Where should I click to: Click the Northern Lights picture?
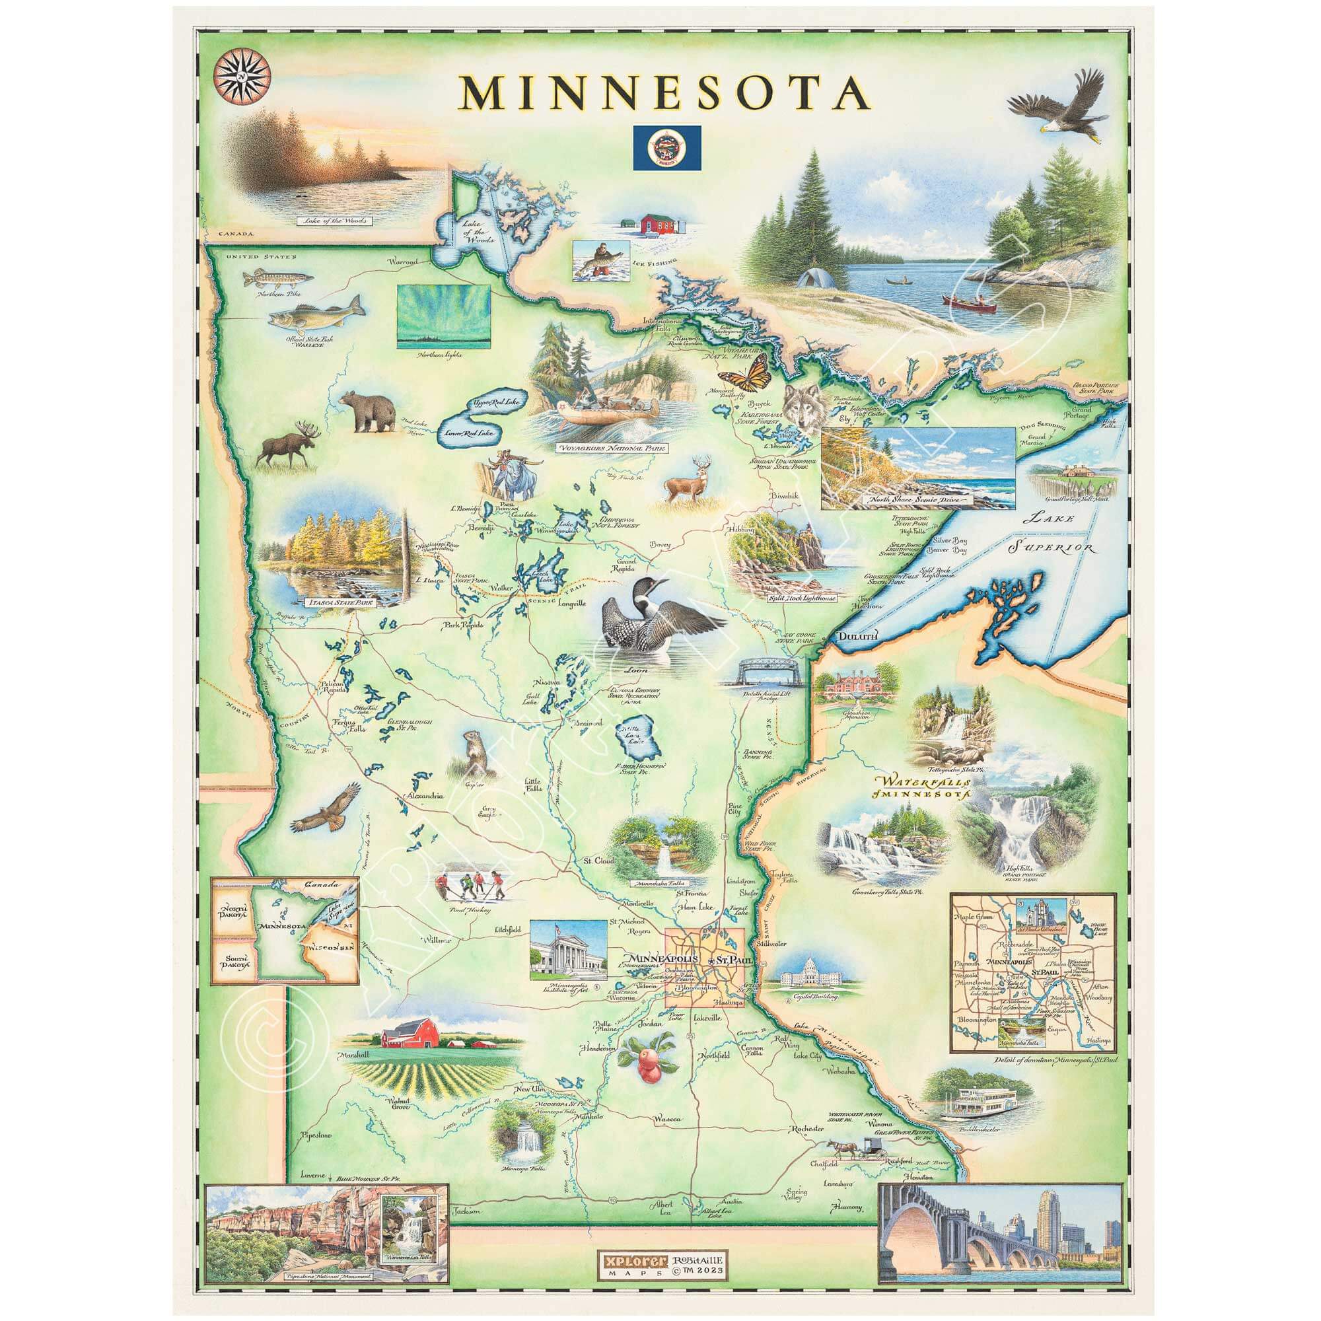(x=444, y=316)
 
